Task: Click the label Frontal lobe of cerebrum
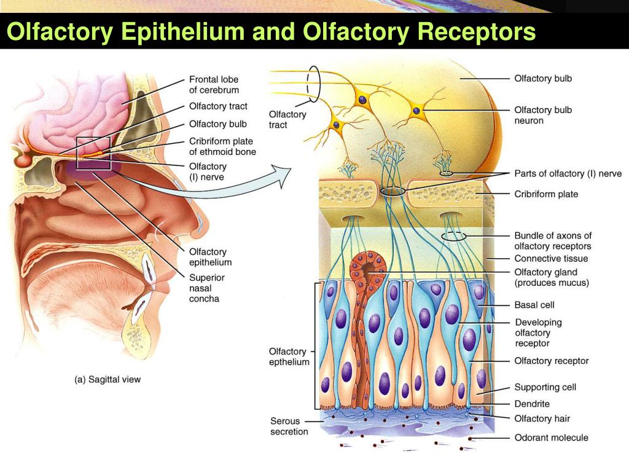click(214, 85)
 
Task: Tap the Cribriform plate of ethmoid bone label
click(222, 146)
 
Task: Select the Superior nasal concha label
click(206, 288)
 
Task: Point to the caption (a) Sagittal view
click(107, 379)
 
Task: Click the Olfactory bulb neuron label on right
click(542, 115)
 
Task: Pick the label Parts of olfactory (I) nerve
click(568, 173)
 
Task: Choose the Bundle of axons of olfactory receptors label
click(553, 241)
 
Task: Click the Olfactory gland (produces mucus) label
click(551, 277)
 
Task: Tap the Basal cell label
click(534, 304)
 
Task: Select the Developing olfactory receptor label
click(537, 332)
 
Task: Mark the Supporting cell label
click(545, 387)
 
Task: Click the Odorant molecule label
click(551, 438)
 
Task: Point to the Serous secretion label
click(289, 426)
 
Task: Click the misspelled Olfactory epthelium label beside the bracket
click(289, 356)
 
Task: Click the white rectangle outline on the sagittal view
click(93, 153)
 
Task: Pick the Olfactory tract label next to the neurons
click(287, 119)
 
